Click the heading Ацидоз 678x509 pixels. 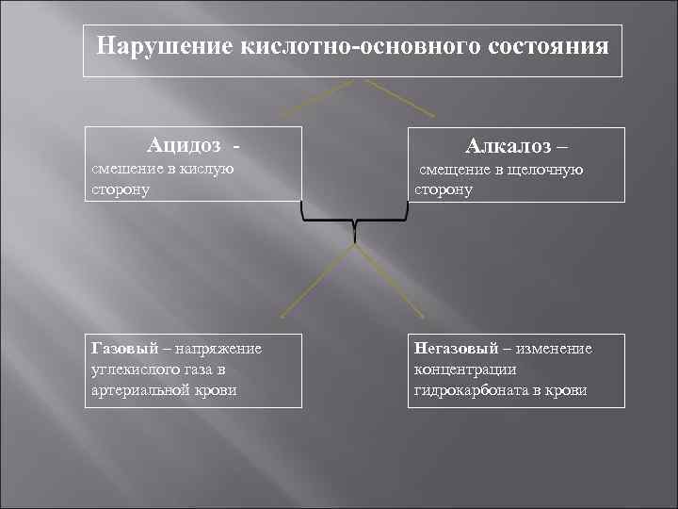(185, 146)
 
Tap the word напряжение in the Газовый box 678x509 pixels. (220, 349)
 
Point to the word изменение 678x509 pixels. (554, 349)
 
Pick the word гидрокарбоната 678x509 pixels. (472, 389)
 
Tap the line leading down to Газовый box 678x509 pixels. (316, 283)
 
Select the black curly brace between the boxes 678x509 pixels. (355, 222)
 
